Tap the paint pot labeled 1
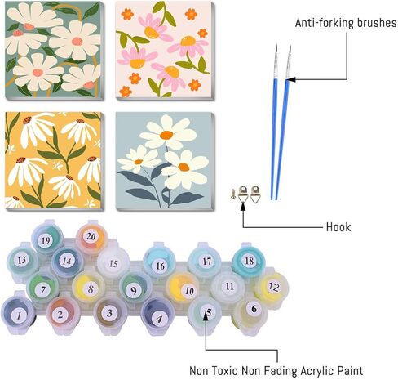pyautogui.click(x=18, y=315)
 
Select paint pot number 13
pyautogui.click(x=22, y=261)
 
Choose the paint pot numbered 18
pyautogui.click(x=249, y=261)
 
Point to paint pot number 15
pyautogui.click(x=113, y=262)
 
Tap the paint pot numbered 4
pyautogui.click(x=158, y=316)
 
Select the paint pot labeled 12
pyautogui.click(x=272, y=288)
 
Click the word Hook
pyautogui.click(x=338, y=226)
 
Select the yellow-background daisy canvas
pyautogui.click(x=54, y=160)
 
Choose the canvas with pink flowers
pyautogui.click(x=165, y=51)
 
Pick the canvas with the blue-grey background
pyautogui.click(x=165, y=161)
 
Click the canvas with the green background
pyautogui.click(x=55, y=50)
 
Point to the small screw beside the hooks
pyautogui.click(x=233, y=194)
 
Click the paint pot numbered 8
pyautogui.click(x=89, y=288)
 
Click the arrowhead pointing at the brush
pyautogui.click(x=290, y=79)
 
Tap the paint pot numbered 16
pyautogui.click(x=160, y=262)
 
